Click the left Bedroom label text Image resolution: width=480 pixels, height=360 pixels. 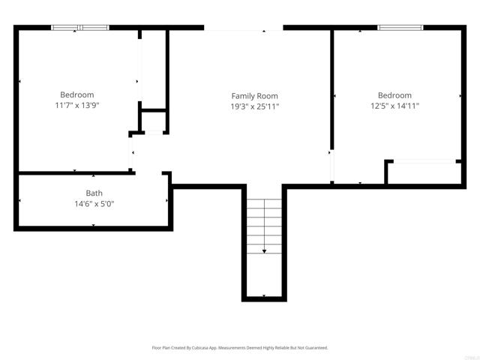pos(77,94)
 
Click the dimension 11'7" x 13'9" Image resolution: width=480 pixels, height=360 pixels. pos(77,106)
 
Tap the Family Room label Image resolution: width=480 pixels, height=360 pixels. pos(254,95)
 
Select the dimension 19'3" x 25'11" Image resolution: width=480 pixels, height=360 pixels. pos(254,106)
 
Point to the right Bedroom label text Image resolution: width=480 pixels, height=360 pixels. pos(394,95)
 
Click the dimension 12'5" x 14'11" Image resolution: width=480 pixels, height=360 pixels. pos(394,106)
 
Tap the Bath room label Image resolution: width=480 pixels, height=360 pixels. pos(94,193)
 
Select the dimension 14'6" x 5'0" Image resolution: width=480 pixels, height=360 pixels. pos(94,203)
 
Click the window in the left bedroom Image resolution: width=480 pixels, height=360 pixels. pos(79,28)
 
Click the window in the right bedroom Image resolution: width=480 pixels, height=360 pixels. pos(400,28)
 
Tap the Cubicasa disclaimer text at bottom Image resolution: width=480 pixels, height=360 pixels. pos(240,348)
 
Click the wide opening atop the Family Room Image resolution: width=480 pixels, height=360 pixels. pos(243,28)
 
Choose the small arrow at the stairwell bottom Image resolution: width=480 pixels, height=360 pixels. pos(264,296)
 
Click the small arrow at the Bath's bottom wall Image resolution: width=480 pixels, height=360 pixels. pos(94,225)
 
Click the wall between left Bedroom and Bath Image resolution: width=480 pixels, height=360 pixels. pos(75,173)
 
